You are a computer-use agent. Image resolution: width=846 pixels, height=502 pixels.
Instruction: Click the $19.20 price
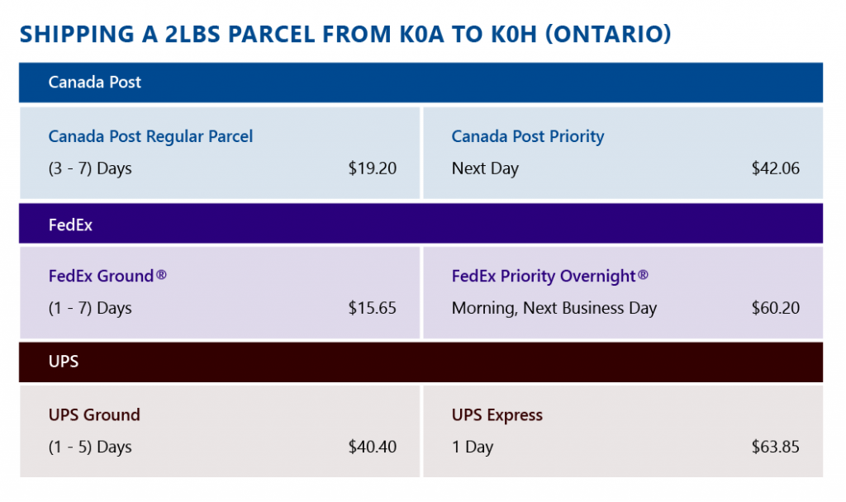pos(373,168)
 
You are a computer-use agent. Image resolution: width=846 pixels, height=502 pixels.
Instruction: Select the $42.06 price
pos(775,168)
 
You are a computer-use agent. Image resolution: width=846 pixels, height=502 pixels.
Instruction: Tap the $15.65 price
pos(373,308)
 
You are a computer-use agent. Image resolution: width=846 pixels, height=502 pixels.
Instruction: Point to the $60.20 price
pos(775,308)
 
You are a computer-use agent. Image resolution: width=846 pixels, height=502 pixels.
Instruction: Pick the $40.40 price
pos(373,447)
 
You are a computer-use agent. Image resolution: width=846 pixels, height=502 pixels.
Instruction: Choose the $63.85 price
pos(775,447)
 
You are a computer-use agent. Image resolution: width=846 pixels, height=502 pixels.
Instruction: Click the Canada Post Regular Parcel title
pos(150,136)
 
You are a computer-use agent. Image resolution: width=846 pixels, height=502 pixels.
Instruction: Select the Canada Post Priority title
pos(528,136)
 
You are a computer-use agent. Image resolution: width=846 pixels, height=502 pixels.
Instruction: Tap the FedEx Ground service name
pos(107,276)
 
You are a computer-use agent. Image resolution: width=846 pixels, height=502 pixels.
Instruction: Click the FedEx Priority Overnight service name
pos(549,276)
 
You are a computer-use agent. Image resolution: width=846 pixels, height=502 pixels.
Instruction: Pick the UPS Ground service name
pos(94,414)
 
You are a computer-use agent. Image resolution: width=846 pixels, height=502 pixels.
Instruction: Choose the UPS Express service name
pos(497,415)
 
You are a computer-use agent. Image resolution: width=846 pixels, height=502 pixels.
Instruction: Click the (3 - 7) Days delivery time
pos(90,168)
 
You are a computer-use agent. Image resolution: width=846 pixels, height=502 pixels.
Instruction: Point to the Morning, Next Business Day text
pos(554,309)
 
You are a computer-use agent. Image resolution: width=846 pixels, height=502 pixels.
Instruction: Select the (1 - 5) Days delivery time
pos(90,447)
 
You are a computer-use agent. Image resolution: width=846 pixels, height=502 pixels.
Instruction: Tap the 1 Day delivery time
pos(473,448)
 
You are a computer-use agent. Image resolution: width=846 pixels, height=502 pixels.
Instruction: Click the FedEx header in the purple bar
pos(70,225)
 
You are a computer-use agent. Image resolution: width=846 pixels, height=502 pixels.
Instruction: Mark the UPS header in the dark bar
pos(64,362)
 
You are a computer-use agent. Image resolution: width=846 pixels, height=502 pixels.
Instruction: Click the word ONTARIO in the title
pos(608,34)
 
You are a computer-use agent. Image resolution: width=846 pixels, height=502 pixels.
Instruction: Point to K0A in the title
pos(422,34)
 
